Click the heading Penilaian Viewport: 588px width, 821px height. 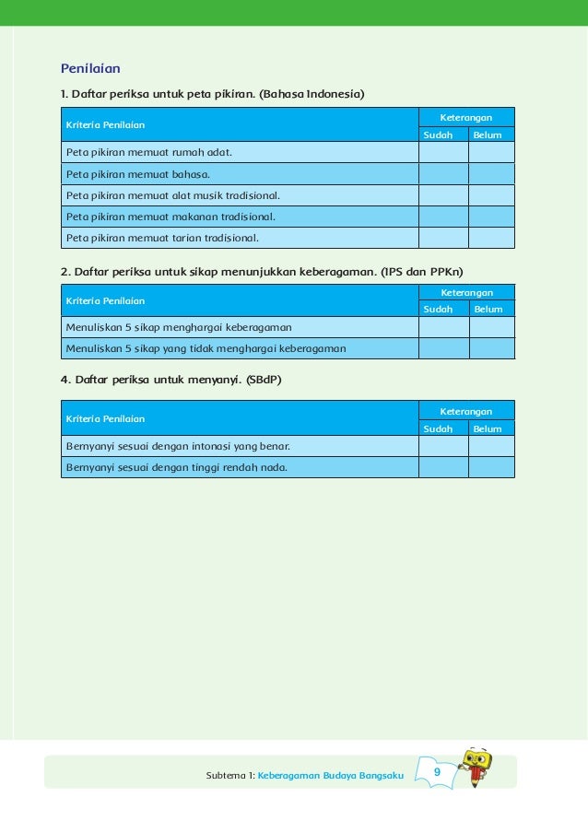90,68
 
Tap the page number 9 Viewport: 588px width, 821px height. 437,771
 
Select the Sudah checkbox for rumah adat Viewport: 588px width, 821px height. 443,152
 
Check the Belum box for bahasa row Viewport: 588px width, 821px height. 491,173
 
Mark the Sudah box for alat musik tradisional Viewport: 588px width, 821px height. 443,195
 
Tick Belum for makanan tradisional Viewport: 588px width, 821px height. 491,217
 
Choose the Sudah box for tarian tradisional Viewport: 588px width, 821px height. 443,238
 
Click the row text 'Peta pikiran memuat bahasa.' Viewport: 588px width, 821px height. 137,173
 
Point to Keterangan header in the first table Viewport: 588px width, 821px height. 465,117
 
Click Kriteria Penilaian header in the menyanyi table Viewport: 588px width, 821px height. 105,419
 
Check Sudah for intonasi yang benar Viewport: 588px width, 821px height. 443,446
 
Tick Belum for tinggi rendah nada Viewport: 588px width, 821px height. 491,467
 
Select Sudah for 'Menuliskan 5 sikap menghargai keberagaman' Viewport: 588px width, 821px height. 443,327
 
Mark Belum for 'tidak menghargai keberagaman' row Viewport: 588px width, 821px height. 491,348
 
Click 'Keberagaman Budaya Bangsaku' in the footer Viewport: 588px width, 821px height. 331,776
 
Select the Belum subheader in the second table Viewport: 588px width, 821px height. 488,310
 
